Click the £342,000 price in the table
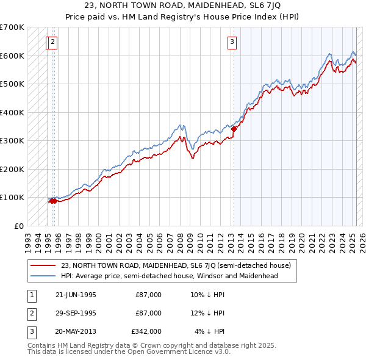coord(146,331)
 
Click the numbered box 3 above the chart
coord(232,42)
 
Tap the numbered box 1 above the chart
coord(48,42)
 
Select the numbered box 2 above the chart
coord(53,42)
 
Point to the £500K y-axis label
coord(12,84)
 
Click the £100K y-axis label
coord(12,197)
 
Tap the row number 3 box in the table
coord(30,331)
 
